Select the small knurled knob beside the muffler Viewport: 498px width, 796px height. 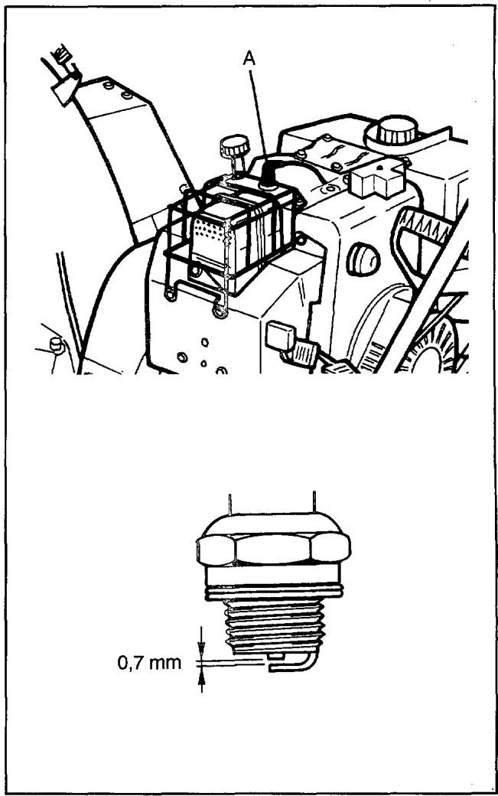pos(235,146)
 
